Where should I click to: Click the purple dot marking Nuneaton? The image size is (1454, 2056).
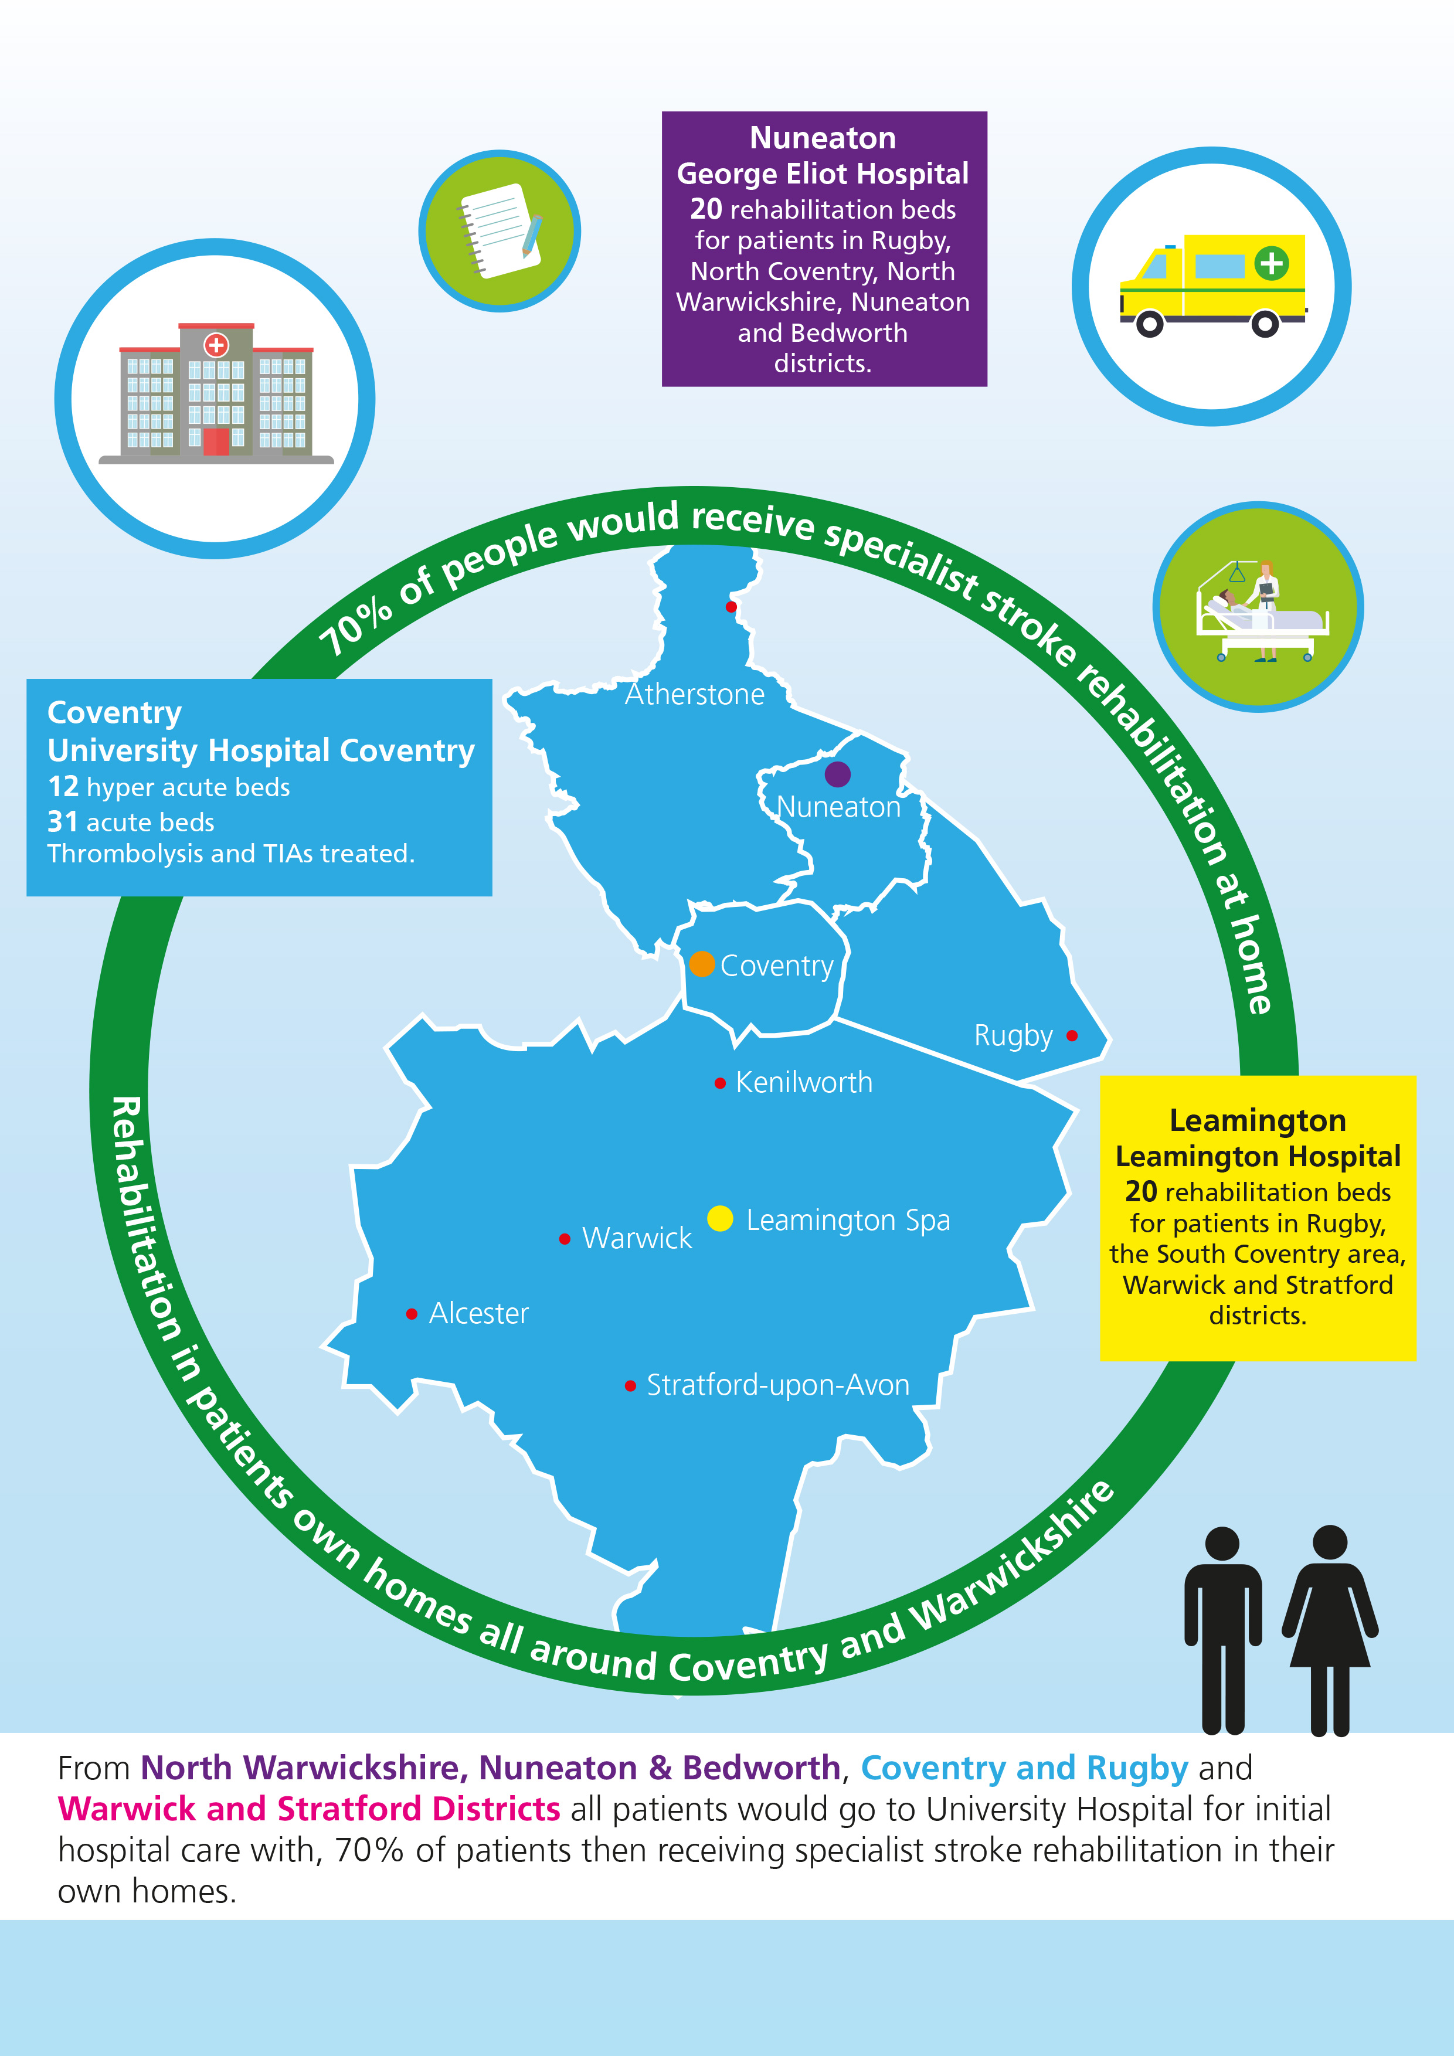(x=837, y=774)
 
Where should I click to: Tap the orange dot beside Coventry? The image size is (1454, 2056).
(x=702, y=964)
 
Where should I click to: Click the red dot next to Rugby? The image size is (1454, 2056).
(x=1072, y=1036)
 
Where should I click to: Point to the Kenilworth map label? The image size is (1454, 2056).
(x=803, y=1082)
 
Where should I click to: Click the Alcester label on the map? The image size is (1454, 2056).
(x=479, y=1313)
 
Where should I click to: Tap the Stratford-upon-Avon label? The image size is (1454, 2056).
(x=778, y=1384)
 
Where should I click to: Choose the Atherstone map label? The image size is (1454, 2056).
(x=695, y=694)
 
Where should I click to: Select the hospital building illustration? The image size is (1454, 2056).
(x=216, y=392)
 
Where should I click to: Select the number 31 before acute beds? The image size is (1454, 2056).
(x=63, y=821)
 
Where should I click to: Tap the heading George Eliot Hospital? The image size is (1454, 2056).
(x=823, y=174)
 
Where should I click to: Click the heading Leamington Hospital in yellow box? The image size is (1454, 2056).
(x=1258, y=1156)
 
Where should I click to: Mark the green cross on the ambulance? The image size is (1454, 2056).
(x=1271, y=263)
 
